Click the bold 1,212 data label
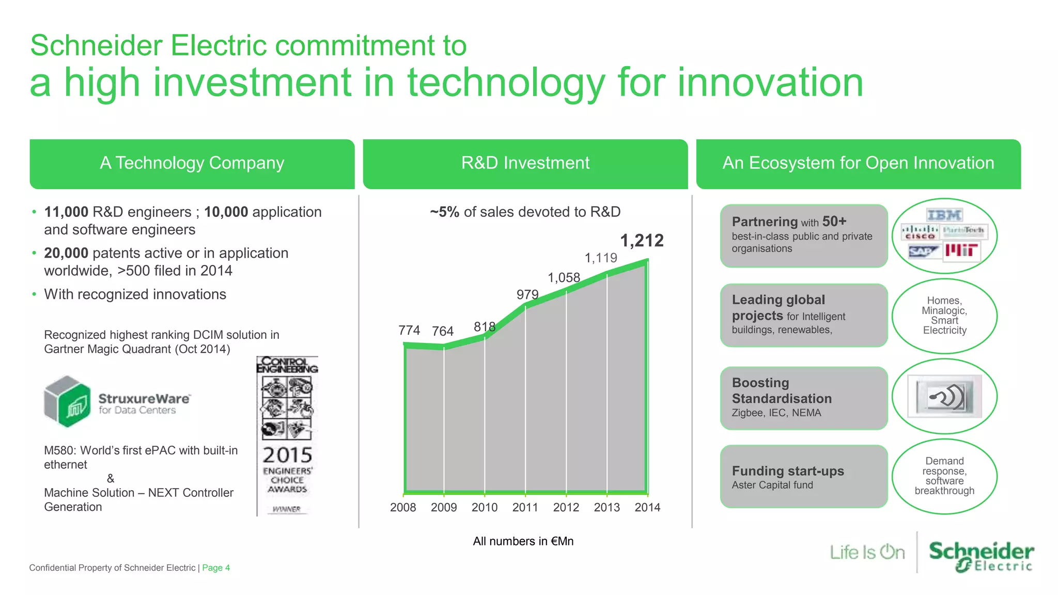tap(642, 241)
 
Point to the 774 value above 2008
tap(409, 330)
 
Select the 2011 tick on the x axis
tap(525, 507)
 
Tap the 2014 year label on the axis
tap(647, 507)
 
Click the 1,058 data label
tap(564, 278)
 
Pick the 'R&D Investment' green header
tap(525, 163)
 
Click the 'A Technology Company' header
tap(192, 163)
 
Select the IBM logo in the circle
tap(944, 215)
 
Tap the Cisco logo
tap(920, 232)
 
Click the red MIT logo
tap(961, 251)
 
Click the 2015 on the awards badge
tap(287, 455)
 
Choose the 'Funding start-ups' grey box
tap(804, 476)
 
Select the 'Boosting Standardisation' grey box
tap(804, 398)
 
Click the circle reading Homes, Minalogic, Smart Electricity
tap(944, 316)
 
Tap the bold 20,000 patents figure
tap(66, 253)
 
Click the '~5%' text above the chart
tap(444, 212)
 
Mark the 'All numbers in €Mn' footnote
tap(523, 541)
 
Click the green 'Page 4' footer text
tap(216, 568)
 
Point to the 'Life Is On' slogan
tap(867, 552)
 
